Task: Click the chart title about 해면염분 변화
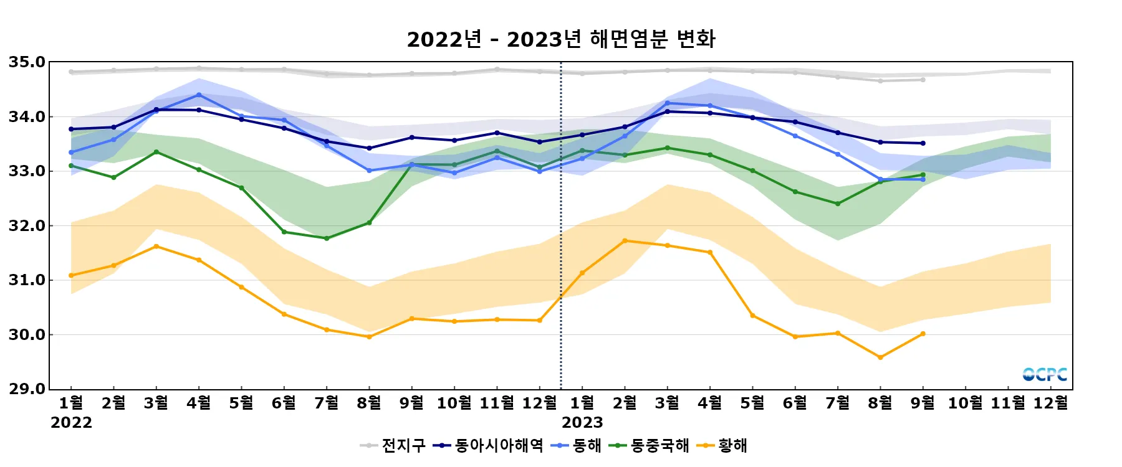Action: click(x=561, y=39)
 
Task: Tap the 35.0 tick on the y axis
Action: click(x=27, y=62)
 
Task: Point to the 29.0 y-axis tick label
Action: click(x=27, y=389)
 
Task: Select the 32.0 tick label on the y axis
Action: click(x=27, y=226)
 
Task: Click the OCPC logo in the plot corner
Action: click(x=1045, y=374)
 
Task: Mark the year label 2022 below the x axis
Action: click(x=71, y=423)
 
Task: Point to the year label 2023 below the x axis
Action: click(x=582, y=423)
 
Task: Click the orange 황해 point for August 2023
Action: click(x=880, y=357)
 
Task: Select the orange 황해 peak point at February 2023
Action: click(x=625, y=241)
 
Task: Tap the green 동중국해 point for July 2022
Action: click(x=327, y=238)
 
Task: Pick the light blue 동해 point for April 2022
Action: click(x=199, y=95)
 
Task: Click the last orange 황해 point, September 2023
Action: click(x=923, y=334)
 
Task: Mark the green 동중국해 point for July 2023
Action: click(x=838, y=204)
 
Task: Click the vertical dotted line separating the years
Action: click(x=561, y=249)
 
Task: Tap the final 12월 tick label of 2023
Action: click(x=1051, y=403)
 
